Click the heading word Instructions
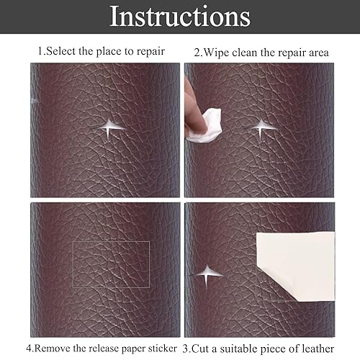click(x=180, y=17)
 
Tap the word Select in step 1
click(x=60, y=51)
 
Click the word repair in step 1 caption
click(x=150, y=52)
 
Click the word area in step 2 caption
click(x=319, y=53)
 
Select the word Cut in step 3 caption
click(x=200, y=349)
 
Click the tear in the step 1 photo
click(x=109, y=128)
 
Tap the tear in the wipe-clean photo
click(x=261, y=127)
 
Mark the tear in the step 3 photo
click(x=207, y=275)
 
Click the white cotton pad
click(x=207, y=126)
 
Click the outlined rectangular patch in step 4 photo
click(x=111, y=241)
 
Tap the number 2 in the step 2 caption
click(x=197, y=53)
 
